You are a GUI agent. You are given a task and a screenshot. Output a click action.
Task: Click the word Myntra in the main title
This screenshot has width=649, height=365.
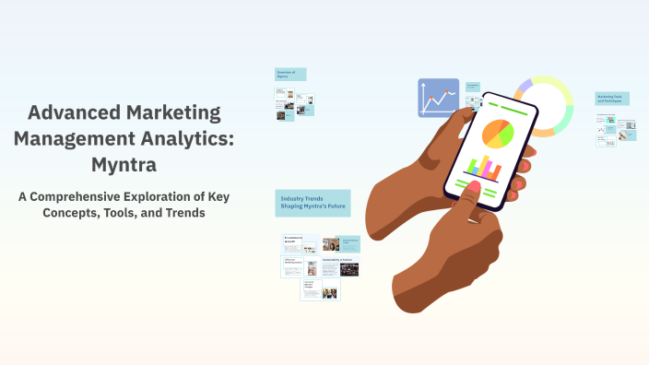(124, 165)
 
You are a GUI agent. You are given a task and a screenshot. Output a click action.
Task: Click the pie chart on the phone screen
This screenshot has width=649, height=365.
(497, 133)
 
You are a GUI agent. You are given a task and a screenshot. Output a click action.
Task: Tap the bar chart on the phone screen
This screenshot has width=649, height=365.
(483, 167)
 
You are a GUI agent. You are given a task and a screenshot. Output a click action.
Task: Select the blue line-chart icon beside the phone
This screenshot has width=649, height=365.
(438, 97)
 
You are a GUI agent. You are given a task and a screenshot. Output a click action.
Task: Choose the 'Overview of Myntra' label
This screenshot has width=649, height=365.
(289, 74)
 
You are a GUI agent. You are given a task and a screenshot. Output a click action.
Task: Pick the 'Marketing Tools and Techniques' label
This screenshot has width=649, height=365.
(611, 99)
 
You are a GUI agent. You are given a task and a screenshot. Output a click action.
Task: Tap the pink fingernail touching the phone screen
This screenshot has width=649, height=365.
(473, 190)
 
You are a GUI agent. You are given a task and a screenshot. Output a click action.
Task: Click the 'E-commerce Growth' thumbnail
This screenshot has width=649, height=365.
(300, 243)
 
